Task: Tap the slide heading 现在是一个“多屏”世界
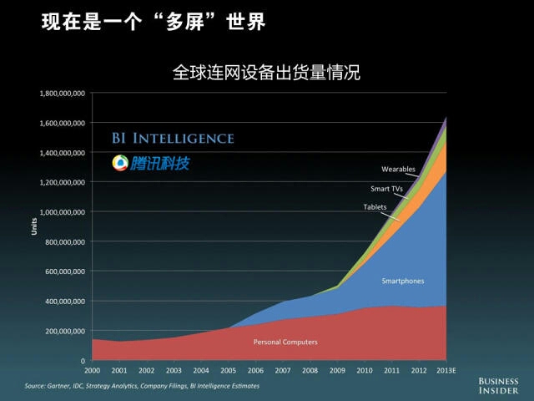click(x=154, y=22)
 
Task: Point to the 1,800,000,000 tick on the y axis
click(x=63, y=93)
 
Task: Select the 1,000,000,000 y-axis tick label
click(x=63, y=212)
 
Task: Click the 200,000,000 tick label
click(x=66, y=331)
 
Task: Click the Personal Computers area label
click(x=285, y=342)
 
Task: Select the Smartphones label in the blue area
click(x=402, y=281)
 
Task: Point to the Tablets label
click(x=375, y=206)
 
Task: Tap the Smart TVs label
click(x=386, y=189)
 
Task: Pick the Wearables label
click(x=398, y=170)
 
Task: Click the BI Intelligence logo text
click(x=173, y=139)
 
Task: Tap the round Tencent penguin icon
click(x=121, y=163)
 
